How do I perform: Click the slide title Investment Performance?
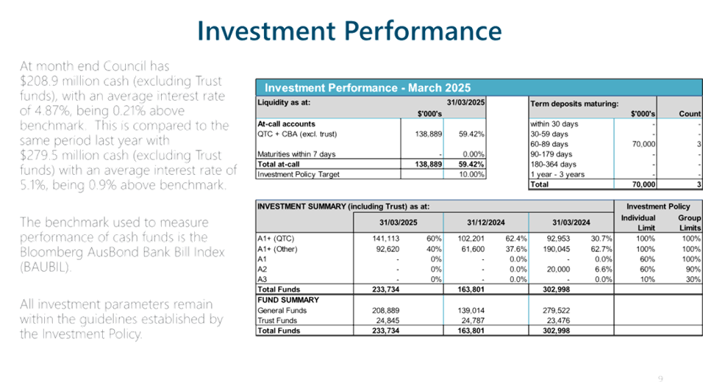coord(349,31)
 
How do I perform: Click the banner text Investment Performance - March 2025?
coord(368,87)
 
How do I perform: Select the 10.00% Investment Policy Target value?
coord(471,174)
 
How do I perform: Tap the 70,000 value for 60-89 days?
coord(643,144)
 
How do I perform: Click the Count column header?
coord(690,114)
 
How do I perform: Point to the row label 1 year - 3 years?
coord(557,174)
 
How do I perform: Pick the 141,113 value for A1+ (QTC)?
coord(385,239)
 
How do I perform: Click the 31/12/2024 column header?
coord(485,222)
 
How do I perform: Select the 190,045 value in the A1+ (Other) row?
coord(557,249)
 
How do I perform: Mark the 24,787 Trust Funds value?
coord(473,320)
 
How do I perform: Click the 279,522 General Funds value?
coord(557,310)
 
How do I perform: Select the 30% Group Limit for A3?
coord(693,279)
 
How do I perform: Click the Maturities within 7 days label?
coord(296,154)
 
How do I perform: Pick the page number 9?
coord(660,378)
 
